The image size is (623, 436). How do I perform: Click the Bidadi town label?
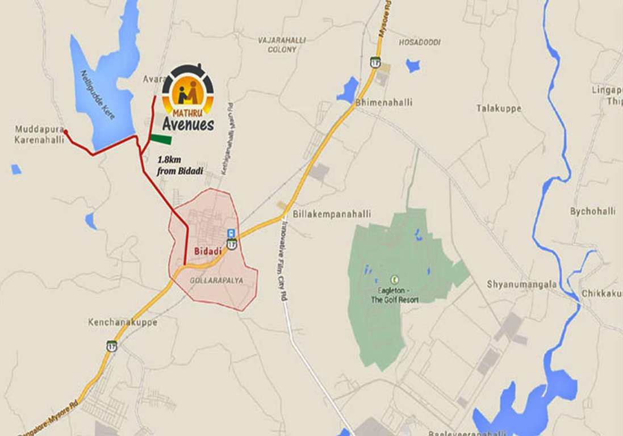(204, 251)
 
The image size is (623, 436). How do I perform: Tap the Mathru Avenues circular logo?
(188, 90)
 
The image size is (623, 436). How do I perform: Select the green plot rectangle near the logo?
(161, 139)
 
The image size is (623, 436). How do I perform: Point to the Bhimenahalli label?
(384, 103)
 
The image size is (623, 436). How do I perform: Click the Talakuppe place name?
(499, 108)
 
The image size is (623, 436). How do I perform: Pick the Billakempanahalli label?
(332, 214)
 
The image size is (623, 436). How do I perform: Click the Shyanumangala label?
(521, 284)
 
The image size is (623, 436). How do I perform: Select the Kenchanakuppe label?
(122, 322)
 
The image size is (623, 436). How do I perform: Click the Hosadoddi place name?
(420, 43)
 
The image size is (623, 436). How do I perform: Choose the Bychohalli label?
(593, 211)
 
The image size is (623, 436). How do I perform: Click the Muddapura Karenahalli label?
(39, 135)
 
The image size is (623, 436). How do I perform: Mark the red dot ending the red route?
(65, 132)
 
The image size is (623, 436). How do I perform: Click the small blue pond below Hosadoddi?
(413, 66)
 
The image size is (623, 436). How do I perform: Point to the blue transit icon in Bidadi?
(231, 233)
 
